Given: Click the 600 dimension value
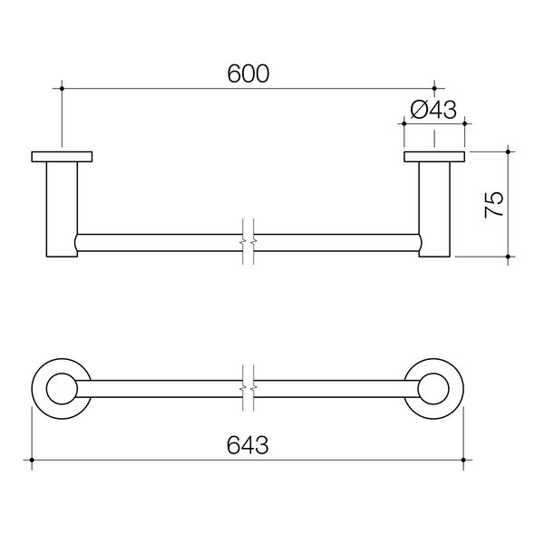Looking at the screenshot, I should click(248, 75).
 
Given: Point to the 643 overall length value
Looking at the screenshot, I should click(248, 446).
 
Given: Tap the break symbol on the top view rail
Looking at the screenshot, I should click(248, 242).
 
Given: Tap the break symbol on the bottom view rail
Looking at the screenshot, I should click(248, 387).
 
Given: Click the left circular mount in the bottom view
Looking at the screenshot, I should click(62, 387).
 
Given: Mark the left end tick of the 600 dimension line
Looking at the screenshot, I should click(62, 88).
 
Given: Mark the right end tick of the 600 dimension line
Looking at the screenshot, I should click(433, 88).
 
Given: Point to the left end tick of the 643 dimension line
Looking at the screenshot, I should click(32, 461).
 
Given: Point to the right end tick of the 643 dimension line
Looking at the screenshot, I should click(464, 461).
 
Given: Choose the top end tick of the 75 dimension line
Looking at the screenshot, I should click(508, 151).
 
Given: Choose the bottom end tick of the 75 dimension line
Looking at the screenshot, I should click(508, 258).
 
